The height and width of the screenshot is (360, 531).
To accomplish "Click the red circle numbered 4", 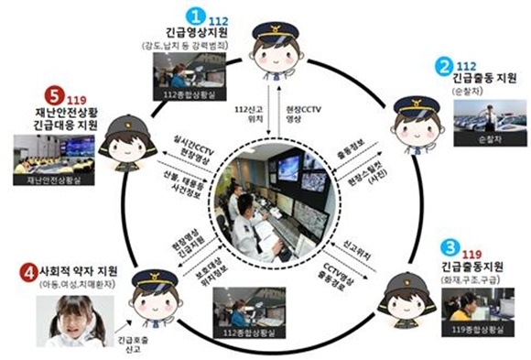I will [28, 272].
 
